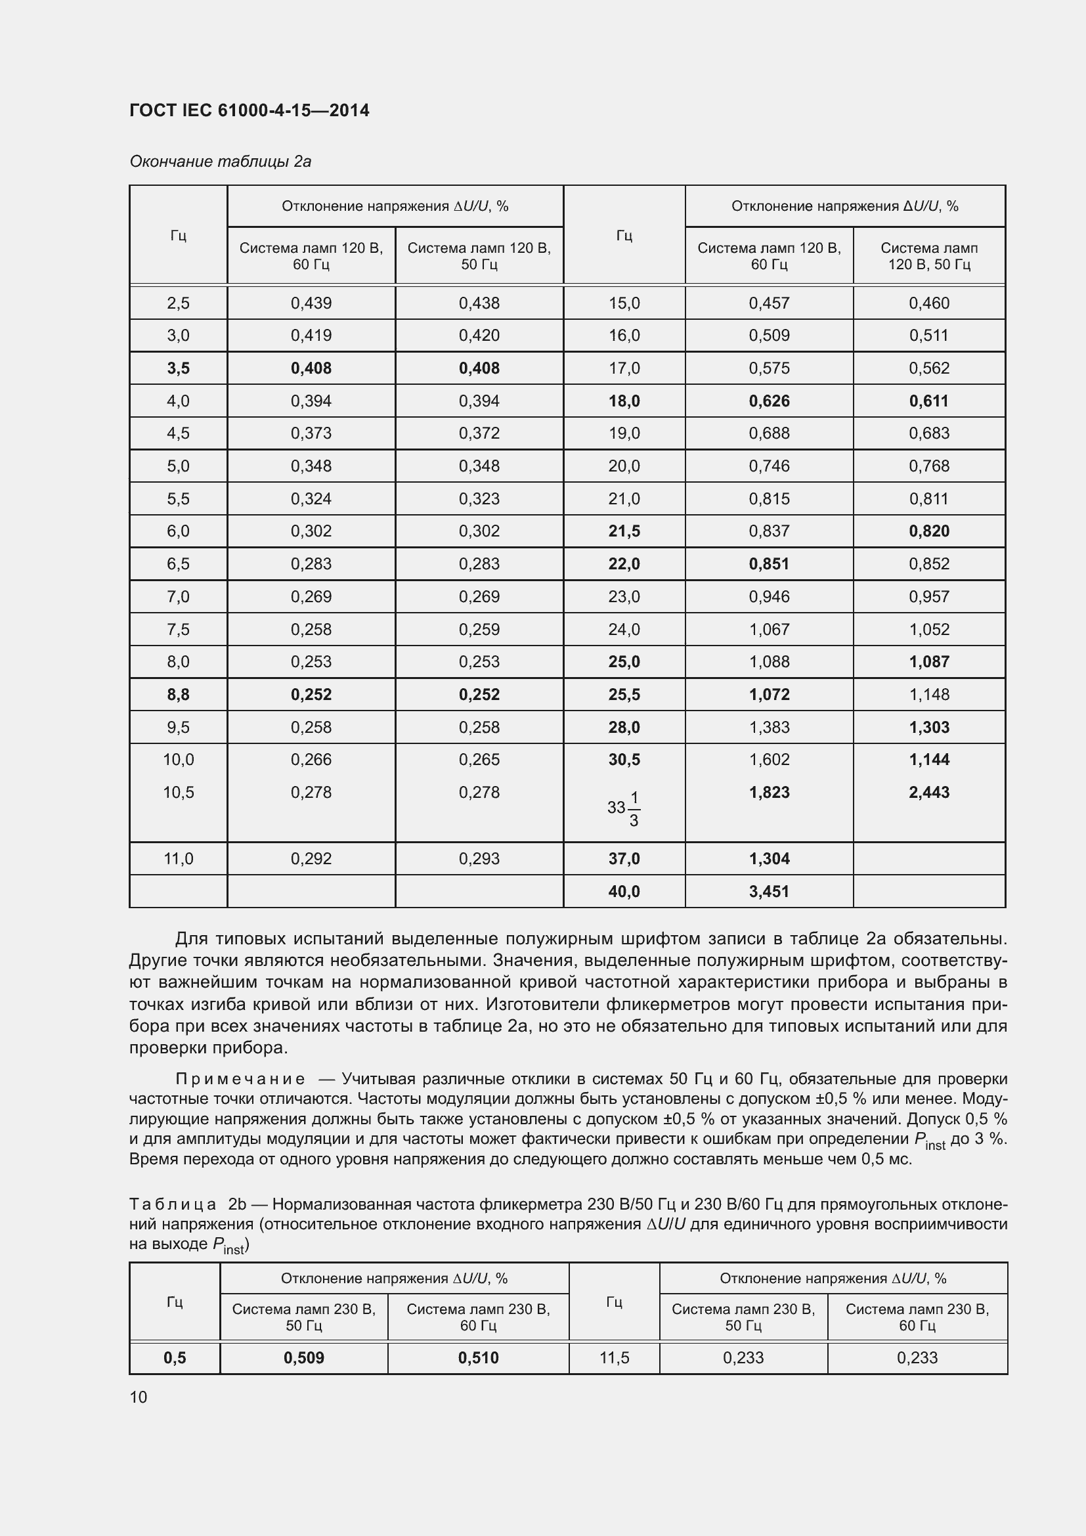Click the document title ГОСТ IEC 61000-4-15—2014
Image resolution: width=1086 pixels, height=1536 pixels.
[249, 110]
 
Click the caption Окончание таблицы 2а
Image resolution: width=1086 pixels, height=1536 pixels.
[220, 162]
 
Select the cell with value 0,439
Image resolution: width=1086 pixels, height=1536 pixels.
[311, 303]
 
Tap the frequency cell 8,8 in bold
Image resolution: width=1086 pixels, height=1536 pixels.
[178, 694]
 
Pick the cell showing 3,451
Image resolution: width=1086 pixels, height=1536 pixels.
[768, 891]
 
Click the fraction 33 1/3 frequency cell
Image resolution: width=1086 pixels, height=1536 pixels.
[623, 808]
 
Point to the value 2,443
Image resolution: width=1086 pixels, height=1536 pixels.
[928, 792]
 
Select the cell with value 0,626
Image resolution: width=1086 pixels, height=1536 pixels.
[768, 401]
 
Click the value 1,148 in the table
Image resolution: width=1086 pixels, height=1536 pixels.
[928, 694]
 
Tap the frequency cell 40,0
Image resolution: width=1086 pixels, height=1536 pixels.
[623, 891]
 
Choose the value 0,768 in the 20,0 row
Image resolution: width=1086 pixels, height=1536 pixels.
[928, 466]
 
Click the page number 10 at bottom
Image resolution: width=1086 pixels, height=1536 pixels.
[139, 1397]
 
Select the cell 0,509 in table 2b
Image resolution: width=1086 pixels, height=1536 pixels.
[303, 1357]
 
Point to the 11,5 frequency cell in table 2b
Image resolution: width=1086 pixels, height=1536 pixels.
[614, 1357]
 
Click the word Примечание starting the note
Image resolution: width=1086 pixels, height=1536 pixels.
[240, 1079]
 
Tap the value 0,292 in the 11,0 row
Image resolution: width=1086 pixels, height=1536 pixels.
[311, 858]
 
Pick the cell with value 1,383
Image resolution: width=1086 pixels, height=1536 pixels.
[768, 727]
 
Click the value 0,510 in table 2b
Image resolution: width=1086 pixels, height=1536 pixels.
[477, 1357]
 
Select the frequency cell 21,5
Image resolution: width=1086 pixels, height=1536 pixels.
[623, 531]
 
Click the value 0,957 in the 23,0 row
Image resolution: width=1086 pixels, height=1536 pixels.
[928, 596]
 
